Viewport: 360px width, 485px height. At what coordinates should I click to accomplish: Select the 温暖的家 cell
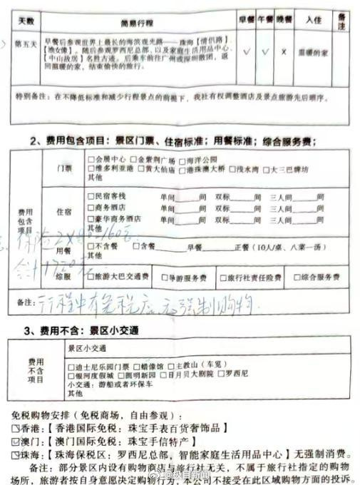308,52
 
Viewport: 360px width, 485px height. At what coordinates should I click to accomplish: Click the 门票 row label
64,167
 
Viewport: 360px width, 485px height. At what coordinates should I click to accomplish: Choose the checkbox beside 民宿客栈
90,195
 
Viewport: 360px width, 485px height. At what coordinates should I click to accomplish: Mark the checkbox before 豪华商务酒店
90,219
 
